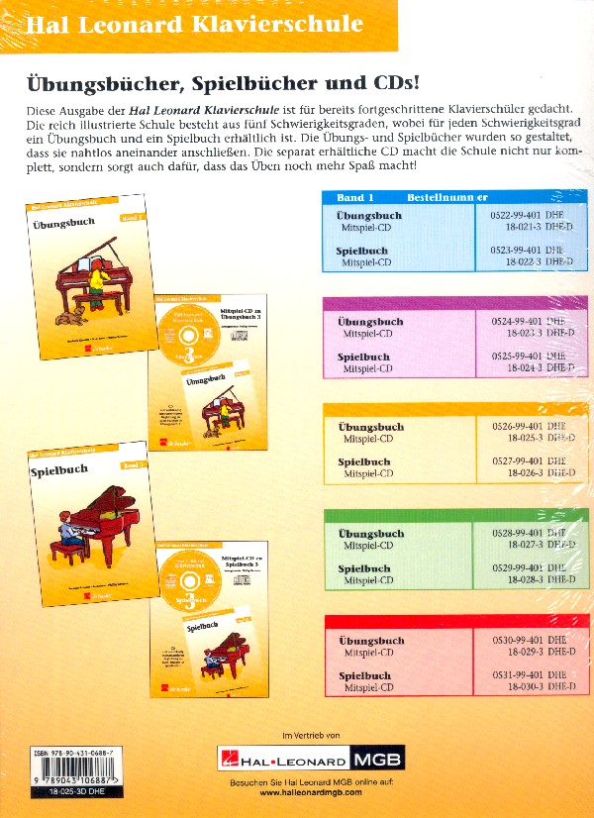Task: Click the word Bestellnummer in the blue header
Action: click(x=446, y=197)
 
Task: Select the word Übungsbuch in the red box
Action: click(x=370, y=641)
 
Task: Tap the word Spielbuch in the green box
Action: click(x=363, y=568)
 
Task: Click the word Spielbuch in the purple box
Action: click(x=363, y=357)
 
